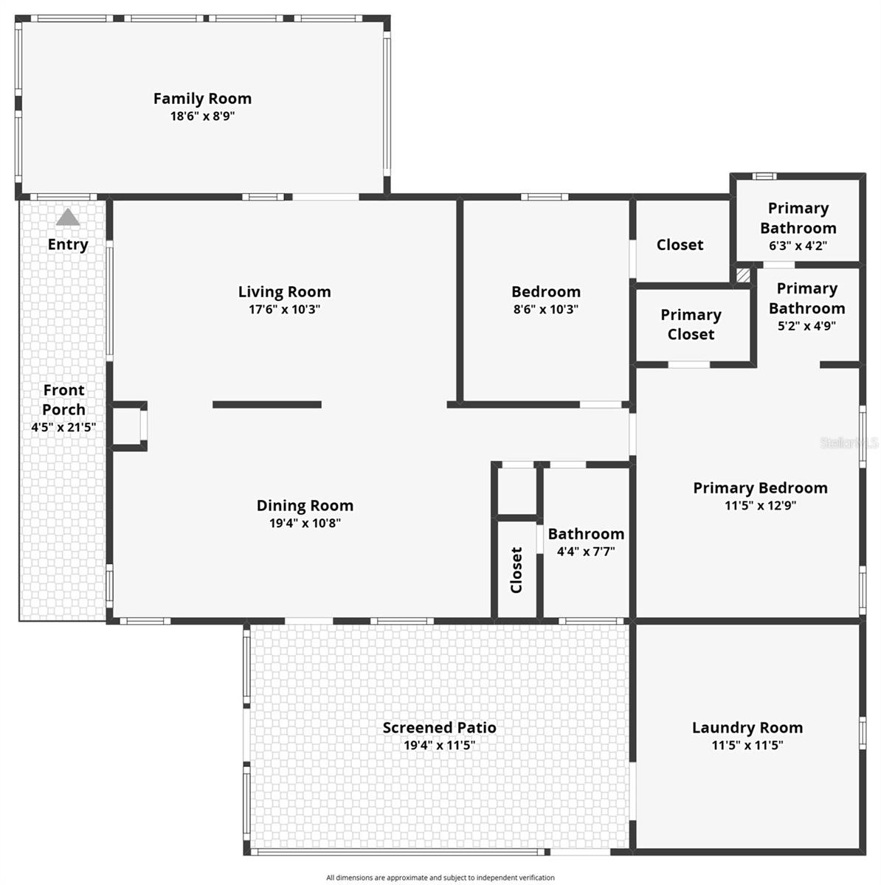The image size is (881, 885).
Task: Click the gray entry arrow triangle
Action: point(68,218)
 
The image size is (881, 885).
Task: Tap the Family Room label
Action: point(202,98)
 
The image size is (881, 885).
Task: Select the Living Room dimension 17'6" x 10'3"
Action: point(284,310)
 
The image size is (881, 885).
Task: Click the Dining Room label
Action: point(305,505)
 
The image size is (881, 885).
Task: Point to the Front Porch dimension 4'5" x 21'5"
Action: point(63,427)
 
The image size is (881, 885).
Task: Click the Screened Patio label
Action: point(439,727)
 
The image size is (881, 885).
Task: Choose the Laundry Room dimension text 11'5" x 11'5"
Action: point(747,746)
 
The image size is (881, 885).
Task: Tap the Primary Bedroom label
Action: point(760,487)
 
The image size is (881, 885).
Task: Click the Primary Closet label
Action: point(691,324)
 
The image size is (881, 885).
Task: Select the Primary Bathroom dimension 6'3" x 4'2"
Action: point(798,246)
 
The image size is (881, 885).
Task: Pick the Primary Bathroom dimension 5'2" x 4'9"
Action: point(806,326)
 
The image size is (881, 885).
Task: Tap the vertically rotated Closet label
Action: point(516,569)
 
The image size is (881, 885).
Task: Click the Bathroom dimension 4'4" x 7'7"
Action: point(586,551)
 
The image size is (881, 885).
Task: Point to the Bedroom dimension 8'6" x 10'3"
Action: point(546,310)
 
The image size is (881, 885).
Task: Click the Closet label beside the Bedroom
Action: point(680,244)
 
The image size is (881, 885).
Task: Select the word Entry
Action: point(68,244)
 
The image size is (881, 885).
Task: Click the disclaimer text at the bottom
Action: point(440,878)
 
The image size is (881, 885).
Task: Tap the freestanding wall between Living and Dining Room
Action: point(267,404)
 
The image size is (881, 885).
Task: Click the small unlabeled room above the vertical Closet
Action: point(516,490)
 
